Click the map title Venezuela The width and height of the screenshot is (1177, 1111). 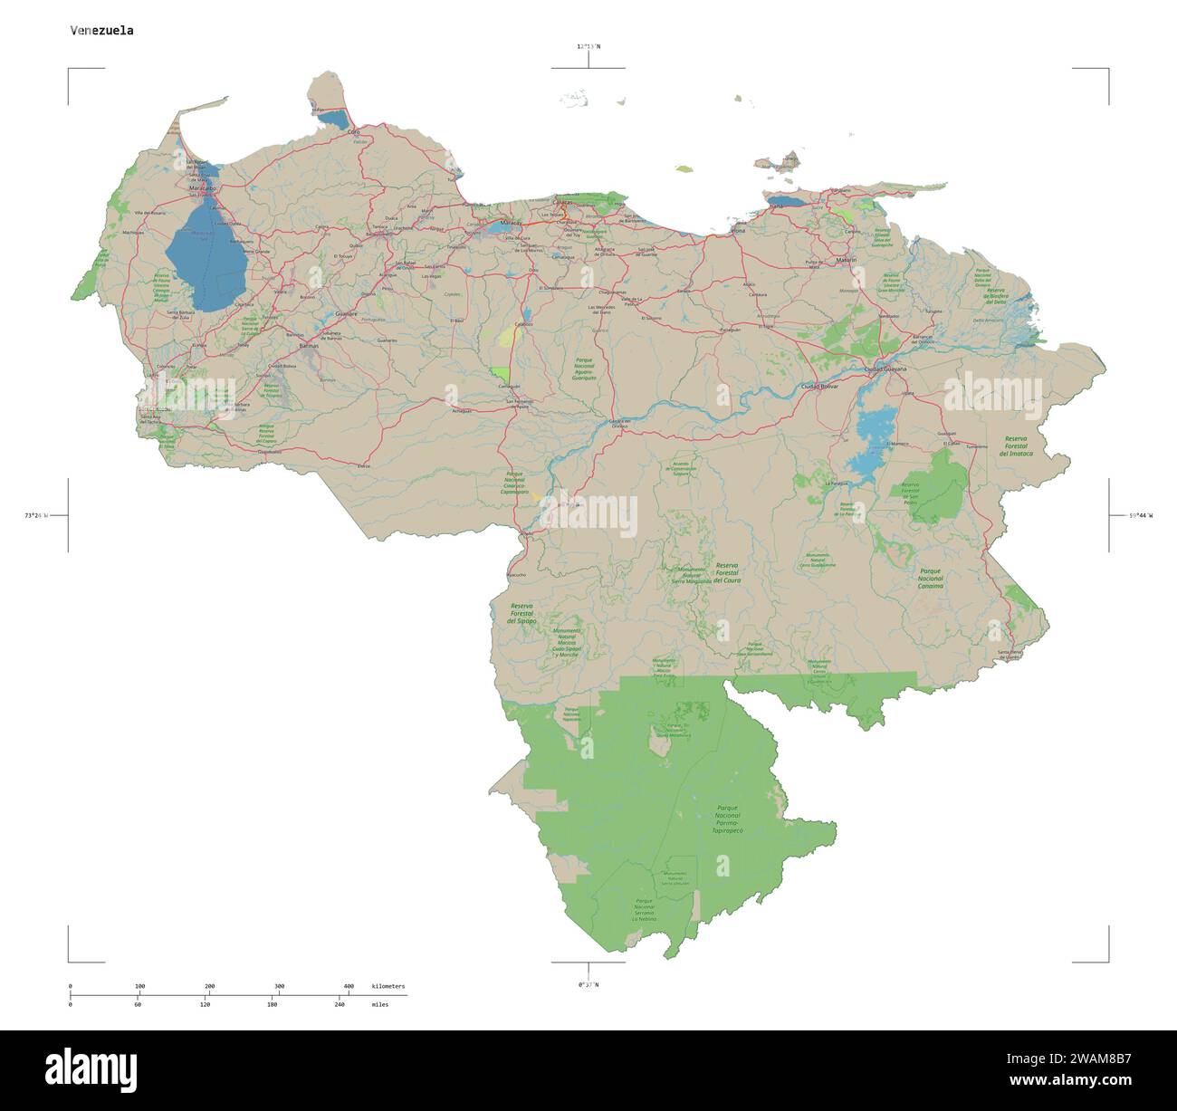102,30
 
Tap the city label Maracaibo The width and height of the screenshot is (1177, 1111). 202,187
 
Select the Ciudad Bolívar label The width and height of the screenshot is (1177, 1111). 819,387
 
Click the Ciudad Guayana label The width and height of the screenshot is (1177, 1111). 885,369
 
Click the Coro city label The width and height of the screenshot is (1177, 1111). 354,132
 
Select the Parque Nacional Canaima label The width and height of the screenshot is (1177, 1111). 931,579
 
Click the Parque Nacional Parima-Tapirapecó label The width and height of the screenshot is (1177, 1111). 727,819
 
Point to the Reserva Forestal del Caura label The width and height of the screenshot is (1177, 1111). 725,572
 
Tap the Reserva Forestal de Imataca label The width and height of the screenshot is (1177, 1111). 1016,445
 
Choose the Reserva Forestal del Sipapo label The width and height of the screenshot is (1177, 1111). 522,614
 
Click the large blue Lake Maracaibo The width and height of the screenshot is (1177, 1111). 205,258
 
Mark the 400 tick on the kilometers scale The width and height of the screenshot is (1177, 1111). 349,986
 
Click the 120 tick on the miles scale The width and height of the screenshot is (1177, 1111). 205,1004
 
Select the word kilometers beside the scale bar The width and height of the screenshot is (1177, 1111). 388,986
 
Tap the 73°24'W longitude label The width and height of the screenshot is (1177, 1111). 35,515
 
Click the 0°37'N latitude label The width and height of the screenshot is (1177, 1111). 588,984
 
